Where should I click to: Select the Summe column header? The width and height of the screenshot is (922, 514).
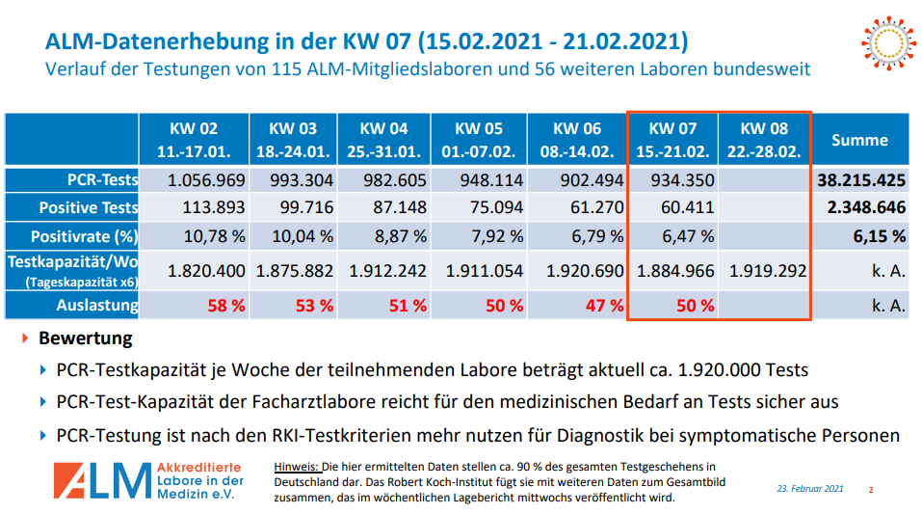pos(859,140)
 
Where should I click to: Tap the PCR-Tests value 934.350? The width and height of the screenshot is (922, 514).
pos(674,180)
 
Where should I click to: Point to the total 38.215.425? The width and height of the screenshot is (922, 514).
pos(861,180)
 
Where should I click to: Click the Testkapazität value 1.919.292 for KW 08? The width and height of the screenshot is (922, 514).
pos(767,271)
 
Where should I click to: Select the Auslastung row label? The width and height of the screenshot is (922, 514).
pos(96,306)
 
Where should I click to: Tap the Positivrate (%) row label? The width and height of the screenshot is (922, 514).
pos(85,236)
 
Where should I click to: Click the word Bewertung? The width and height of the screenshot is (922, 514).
pos(86,339)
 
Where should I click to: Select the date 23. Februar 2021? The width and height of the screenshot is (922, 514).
pos(810,489)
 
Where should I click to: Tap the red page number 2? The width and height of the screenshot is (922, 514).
pos(871,490)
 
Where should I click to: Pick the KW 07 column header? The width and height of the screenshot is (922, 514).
pos(672,140)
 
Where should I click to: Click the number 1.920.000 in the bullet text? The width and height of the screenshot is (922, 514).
pos(713,370)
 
